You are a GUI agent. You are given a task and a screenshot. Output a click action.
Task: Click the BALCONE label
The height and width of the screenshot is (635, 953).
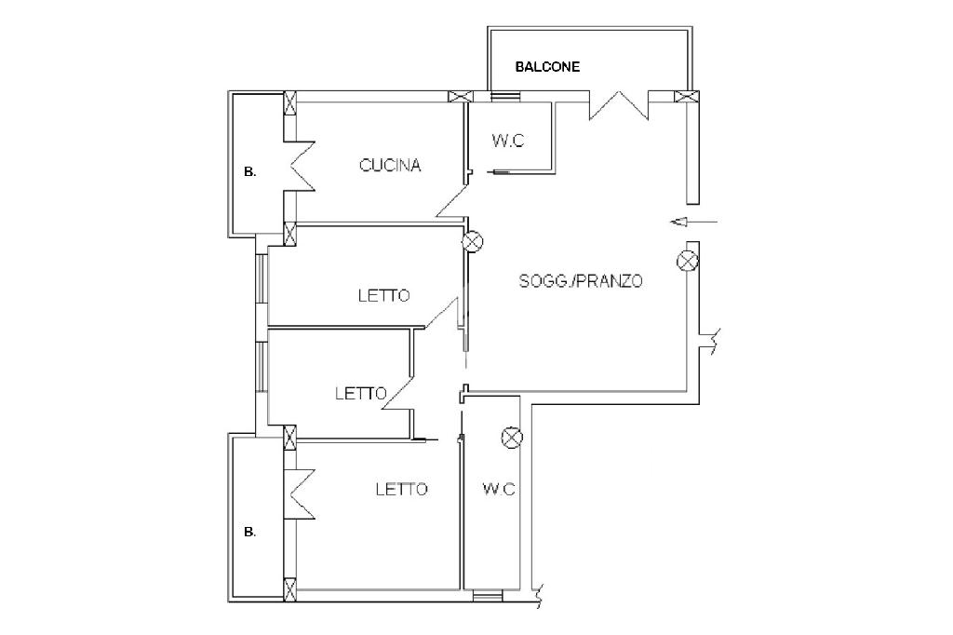pos(548,67)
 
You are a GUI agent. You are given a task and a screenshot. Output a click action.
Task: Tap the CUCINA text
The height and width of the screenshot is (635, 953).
pos(390,166)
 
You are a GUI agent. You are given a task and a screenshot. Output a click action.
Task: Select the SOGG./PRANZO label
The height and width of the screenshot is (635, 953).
pos(581,280)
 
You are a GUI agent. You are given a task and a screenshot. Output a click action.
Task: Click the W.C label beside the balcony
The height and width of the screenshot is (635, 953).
pos(508,142)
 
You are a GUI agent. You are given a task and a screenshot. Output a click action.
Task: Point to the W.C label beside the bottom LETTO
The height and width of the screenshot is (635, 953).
pos(499,489)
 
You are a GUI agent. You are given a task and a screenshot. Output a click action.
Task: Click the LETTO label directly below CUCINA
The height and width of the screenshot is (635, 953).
pos(383,296)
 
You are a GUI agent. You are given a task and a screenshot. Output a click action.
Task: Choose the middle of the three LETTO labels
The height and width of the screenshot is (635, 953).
pos(360,394)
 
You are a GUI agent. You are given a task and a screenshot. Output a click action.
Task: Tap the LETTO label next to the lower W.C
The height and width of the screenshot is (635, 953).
pos(401,489)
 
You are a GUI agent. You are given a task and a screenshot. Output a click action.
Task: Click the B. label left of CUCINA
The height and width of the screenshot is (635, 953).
pos(249,171)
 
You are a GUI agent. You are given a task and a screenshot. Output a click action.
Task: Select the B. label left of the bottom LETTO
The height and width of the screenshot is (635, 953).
pos(249,533)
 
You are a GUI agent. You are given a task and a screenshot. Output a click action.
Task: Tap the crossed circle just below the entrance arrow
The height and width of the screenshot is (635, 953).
pos(688,260)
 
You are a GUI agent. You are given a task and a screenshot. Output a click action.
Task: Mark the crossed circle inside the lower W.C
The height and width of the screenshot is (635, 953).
pos(511,437)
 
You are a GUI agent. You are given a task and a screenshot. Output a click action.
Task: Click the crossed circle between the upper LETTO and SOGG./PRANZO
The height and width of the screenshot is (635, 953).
pos(473,242)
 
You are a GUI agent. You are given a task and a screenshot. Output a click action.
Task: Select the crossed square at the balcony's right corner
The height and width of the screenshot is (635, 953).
pos(688,96)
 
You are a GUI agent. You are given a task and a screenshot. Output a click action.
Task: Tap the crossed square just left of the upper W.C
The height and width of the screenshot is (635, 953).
pos(459,96)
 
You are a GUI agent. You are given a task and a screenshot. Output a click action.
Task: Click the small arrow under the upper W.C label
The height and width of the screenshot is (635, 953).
pos(498,171)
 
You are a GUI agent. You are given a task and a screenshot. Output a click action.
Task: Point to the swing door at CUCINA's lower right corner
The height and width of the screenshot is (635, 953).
pos(451,203)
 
